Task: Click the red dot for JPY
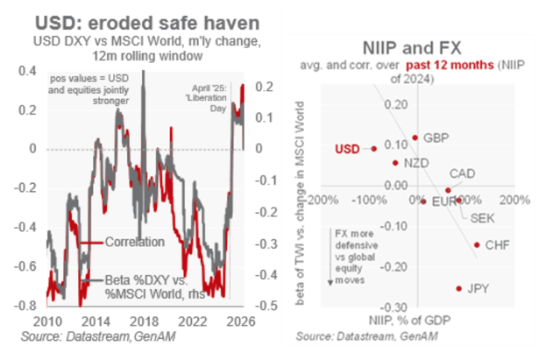tap(457, 287)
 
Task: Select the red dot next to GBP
tap(414, 138)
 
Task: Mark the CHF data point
tap(477, 245)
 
